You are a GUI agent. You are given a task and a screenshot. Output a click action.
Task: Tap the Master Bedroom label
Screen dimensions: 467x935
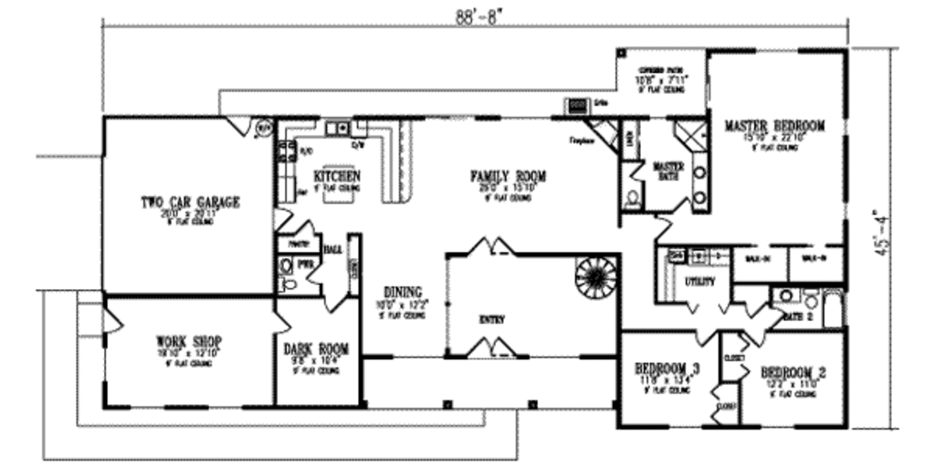774,126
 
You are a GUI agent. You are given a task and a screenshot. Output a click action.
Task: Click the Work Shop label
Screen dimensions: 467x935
189,341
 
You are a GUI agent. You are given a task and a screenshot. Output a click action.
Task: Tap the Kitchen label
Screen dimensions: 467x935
336,175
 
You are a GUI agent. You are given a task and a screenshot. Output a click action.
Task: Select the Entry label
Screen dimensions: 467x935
492,319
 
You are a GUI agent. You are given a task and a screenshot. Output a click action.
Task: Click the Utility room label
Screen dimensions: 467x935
699,282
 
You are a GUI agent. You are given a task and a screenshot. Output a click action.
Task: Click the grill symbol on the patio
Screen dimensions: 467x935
578,107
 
